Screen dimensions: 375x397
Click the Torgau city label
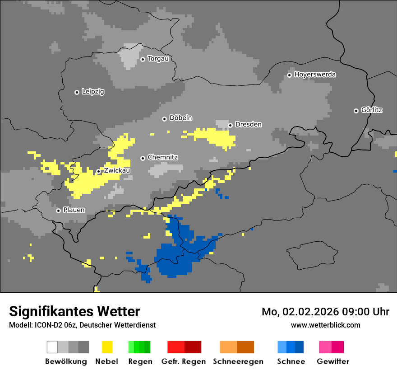pyautogui.click(x=158, y=59)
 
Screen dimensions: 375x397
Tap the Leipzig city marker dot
pyautogui.click(x=77, y=92)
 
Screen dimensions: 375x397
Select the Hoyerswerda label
pyautogui.click(x=315, y=75)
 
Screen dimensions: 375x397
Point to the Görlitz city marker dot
pyautogui.click(x=356, y=111)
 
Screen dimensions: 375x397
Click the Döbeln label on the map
pyautogui.click(x=180, y=118)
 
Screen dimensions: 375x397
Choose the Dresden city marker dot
pyautogui.click(x=230, y=125)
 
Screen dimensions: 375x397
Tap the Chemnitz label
pyautogui.click(x=162, y=158)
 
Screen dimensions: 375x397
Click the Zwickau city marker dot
pyautogui.click(x=98, y=172)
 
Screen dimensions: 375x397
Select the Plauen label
pyautogui.click(x=74, y=211)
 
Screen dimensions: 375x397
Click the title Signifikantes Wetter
pyautogui.click(x=74, y=312)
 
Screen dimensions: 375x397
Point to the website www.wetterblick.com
pyautogui.click(x=325, y=325)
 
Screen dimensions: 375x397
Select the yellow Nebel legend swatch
pyautogui.click(x=107, y=347)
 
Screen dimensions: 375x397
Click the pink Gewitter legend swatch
pyautogui.click(x=325, y=347)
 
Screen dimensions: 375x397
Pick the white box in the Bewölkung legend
pyautogui.click(x=52, y=347)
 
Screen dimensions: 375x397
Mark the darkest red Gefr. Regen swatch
pyautogui.click(x=193, y=347)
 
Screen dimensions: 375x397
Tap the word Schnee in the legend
pyautogui.click(x=291, y=361)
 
